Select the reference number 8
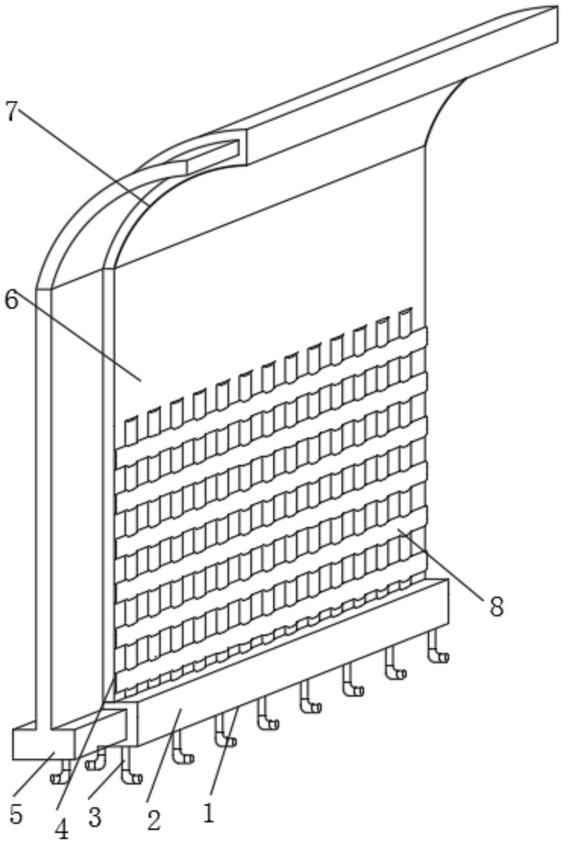point(496,606)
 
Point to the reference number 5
point(16,815)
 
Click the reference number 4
point(62,830)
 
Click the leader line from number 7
point(82,155)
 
